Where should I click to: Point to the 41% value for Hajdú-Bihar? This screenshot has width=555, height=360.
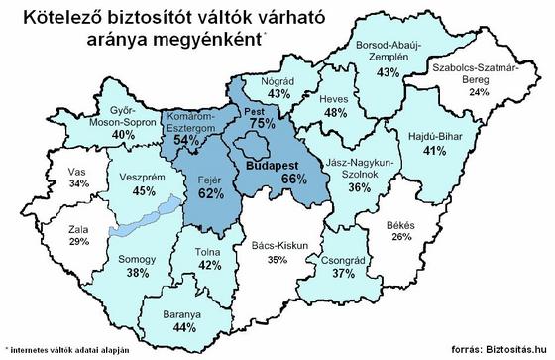pyautogui.click(x=432, y=152)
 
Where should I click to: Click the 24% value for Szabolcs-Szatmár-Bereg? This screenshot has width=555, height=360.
pyautogui.click(x=479, y=92)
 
